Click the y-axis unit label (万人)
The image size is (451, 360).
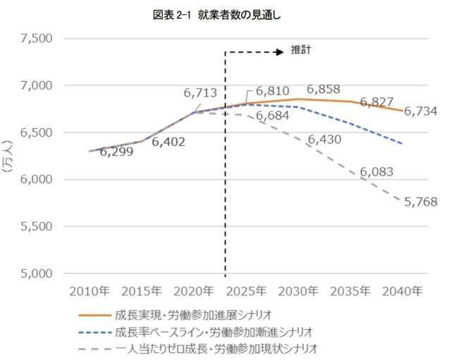(x=9, y=156)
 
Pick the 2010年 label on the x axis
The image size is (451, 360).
(x=89, y=290)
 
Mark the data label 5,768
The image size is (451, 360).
(x=420, y=201)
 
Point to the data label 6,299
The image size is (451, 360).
(x=116, y=151)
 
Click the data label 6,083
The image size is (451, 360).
(x=376, y=171)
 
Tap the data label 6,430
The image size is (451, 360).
(x=324, y=139)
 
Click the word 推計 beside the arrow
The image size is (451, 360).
(x=301, y=51)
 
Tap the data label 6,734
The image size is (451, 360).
(x=421, y=111)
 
